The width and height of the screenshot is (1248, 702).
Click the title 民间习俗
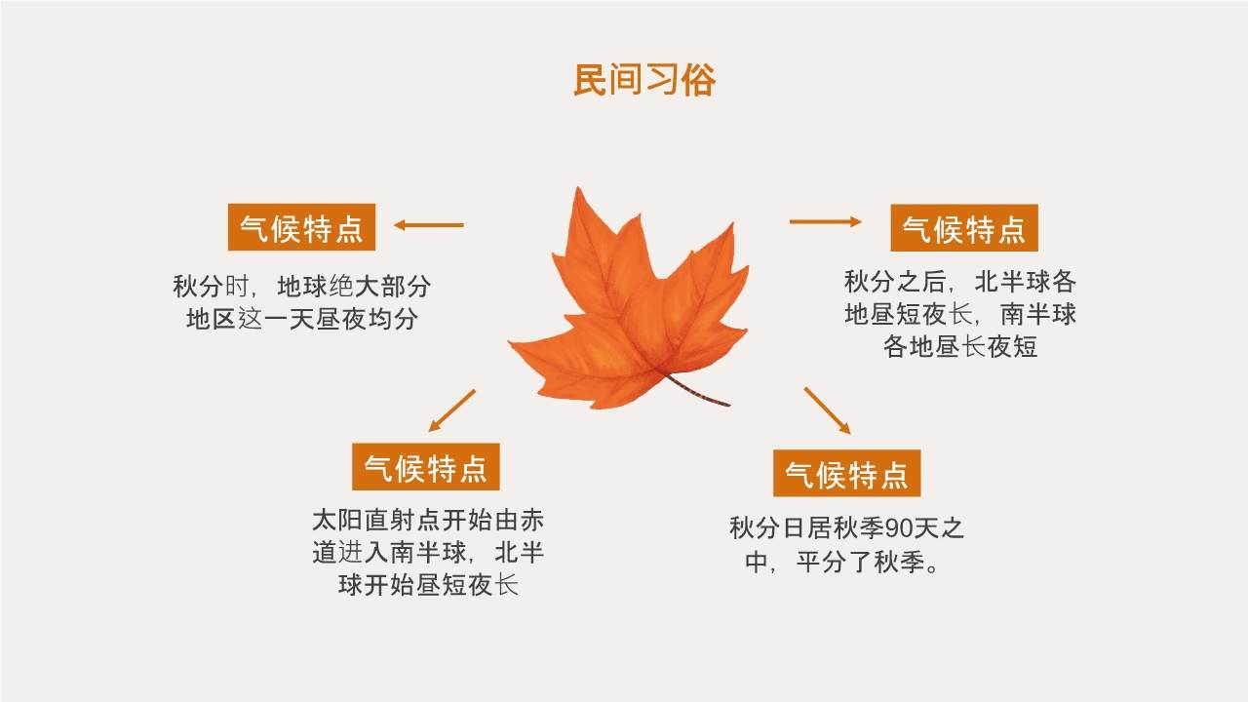(x=644, y=81)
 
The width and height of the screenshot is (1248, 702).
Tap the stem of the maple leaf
(x=697, y=391)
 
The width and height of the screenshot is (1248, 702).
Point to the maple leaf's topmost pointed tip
(x=578, y=188)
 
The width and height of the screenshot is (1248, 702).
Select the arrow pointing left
(x=428, y=225)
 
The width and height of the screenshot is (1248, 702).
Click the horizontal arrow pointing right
(x=825, y=221)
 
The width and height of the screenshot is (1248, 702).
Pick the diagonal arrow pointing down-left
(x=451, y=410)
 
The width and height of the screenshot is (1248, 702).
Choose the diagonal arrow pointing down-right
(x=828, y=410)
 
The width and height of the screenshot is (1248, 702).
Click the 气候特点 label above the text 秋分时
(x=301, y=227)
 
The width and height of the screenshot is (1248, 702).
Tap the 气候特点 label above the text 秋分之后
(x=964, y=228)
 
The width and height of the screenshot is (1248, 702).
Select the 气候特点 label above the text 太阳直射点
(x=426, y=467)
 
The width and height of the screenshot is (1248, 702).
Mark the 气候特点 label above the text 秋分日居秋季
(x=847, y=473)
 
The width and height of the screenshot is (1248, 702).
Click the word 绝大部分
(x=380, y=287)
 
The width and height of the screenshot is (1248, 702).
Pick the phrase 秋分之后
(x=895, y=282)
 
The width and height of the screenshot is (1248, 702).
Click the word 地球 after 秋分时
(x=302, y=287)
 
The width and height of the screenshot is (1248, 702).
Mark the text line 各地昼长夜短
(x=960, y=346)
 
